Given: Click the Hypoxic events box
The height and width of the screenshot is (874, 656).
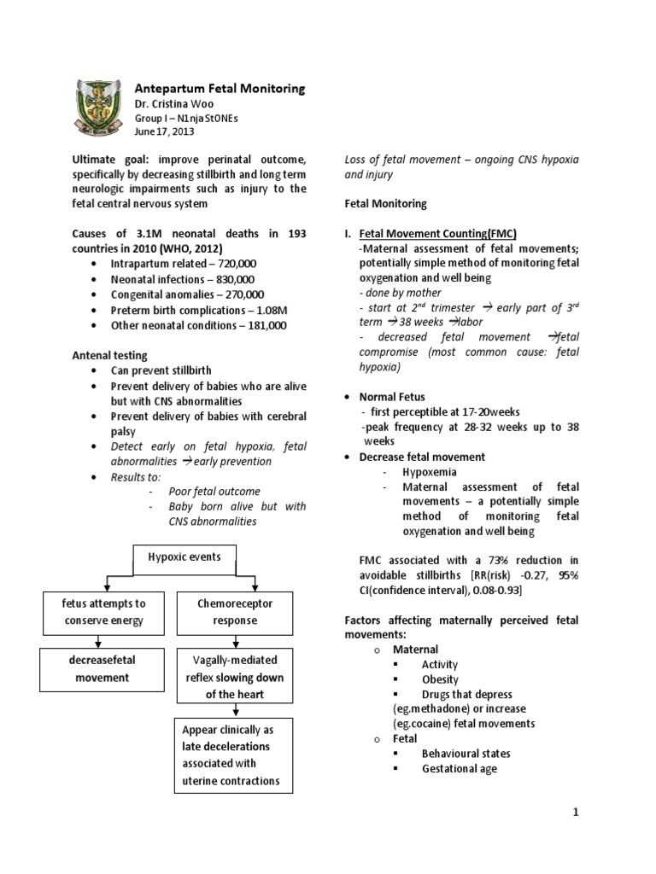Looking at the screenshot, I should [x=184, y=557].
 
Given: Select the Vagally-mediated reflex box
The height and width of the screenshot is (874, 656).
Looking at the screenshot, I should [x=234, y=677].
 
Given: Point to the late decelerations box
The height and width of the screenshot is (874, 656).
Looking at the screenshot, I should [x=234, y=755].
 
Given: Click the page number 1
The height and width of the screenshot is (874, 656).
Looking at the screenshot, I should [x=576, y=812].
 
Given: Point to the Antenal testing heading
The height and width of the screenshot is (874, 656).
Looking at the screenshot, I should [x=109, y=355].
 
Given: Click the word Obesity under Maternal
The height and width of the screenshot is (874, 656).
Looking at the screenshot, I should [x=440, y=679].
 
